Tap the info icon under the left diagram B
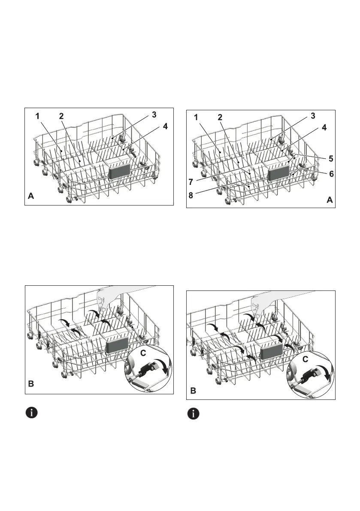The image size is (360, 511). (32, 413)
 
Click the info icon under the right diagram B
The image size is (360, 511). (195, 414)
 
